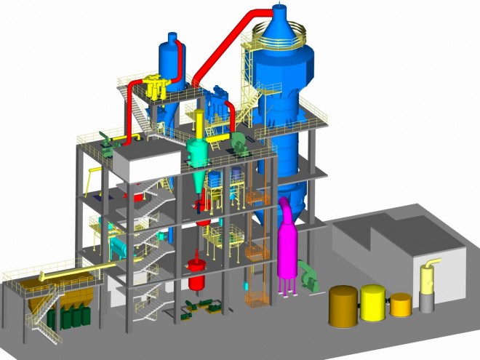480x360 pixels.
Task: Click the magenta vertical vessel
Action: [x=289, y=255]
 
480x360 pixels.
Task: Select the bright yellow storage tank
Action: [x=373, y=303]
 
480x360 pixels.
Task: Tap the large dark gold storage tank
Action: [x=343, y=306]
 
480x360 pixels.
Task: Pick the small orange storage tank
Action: [x=401, y=304]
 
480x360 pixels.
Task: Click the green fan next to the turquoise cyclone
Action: [x=239, y=142]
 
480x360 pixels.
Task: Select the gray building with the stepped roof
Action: [x=393, y=247]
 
